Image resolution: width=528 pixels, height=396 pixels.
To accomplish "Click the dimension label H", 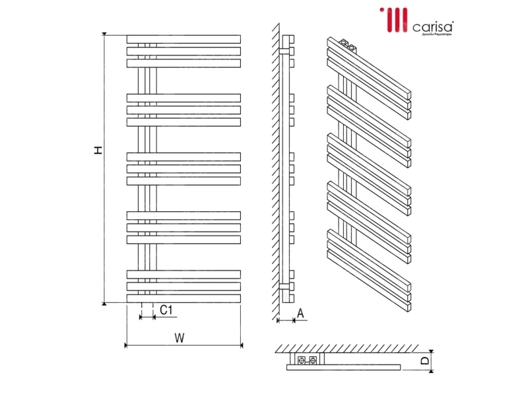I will click(98, 150).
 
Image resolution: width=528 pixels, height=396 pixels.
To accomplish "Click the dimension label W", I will click(179, 337).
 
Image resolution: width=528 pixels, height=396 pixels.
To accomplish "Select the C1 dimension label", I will click(166, 310).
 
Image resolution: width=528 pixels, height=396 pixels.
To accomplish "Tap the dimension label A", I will click(300, 314).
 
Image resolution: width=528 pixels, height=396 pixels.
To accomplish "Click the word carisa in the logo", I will click(433, 27).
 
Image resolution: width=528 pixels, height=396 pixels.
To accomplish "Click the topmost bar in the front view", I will click(184, 38).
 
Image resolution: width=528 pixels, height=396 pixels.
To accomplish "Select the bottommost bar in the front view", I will click(184, 298).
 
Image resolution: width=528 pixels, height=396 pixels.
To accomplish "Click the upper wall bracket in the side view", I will click(285, 50).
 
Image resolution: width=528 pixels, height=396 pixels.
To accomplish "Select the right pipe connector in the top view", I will click(312, 360).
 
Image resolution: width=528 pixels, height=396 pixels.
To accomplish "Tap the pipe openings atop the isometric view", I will click(348, 46).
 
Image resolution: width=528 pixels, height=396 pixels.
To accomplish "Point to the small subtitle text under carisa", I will click(433, 35).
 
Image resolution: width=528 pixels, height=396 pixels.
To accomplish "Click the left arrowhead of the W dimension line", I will click(127, 345).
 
